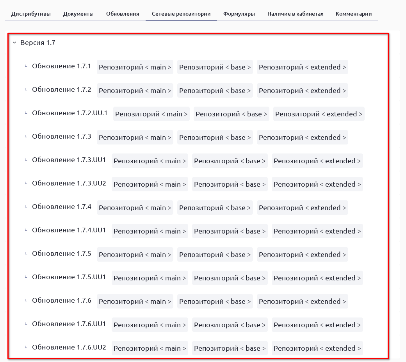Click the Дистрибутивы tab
point(31,14)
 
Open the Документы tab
point(78,14)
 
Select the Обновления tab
point(123,14)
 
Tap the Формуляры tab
point(239,14)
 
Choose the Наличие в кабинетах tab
point(295,14)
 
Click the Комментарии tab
point(353,14)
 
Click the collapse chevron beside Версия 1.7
point(14,43)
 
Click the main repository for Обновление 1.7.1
point(135,67)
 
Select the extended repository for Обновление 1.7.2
point(302,91)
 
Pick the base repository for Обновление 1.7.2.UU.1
point(231,114)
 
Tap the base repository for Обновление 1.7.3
point(215,137)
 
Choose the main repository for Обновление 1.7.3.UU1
point(150,161)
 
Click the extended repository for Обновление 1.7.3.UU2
point(317,184)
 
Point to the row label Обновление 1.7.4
point(61,207)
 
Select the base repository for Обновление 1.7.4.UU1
point(230,231)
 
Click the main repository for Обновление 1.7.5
point(135,255)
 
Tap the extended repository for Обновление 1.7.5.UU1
point(317,278)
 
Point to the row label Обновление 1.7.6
point(61,301)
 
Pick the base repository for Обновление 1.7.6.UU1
point(230,325)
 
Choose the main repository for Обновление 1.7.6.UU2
point(150,348)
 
